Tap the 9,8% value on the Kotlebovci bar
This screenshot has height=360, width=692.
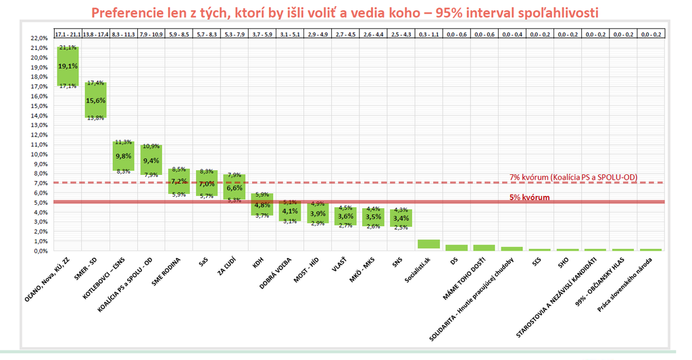pyautogui.click(x=123, y=156)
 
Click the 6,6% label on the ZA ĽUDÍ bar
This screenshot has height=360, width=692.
pyautogui.click(x=234, y=188)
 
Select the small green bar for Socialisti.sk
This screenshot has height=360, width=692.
pyautogui.click(x=428, y=244)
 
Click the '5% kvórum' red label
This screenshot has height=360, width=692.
pyautogui.click(x=529, y=197)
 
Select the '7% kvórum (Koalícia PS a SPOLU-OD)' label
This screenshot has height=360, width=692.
pyautogui.click(x=573, y=177)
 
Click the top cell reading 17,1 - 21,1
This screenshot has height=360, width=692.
pyautogui.click(x=68, y=33)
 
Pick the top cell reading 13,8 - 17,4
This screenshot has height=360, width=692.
pyautogui.click(x=95, y=33)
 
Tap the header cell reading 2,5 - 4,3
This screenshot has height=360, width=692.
pyautogui.click(x=401, y=33)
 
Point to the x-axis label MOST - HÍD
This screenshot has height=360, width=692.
pyautogui.click(x=305, y=273)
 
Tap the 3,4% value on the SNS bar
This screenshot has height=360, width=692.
pyautogui.click(x=401, y=218)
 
